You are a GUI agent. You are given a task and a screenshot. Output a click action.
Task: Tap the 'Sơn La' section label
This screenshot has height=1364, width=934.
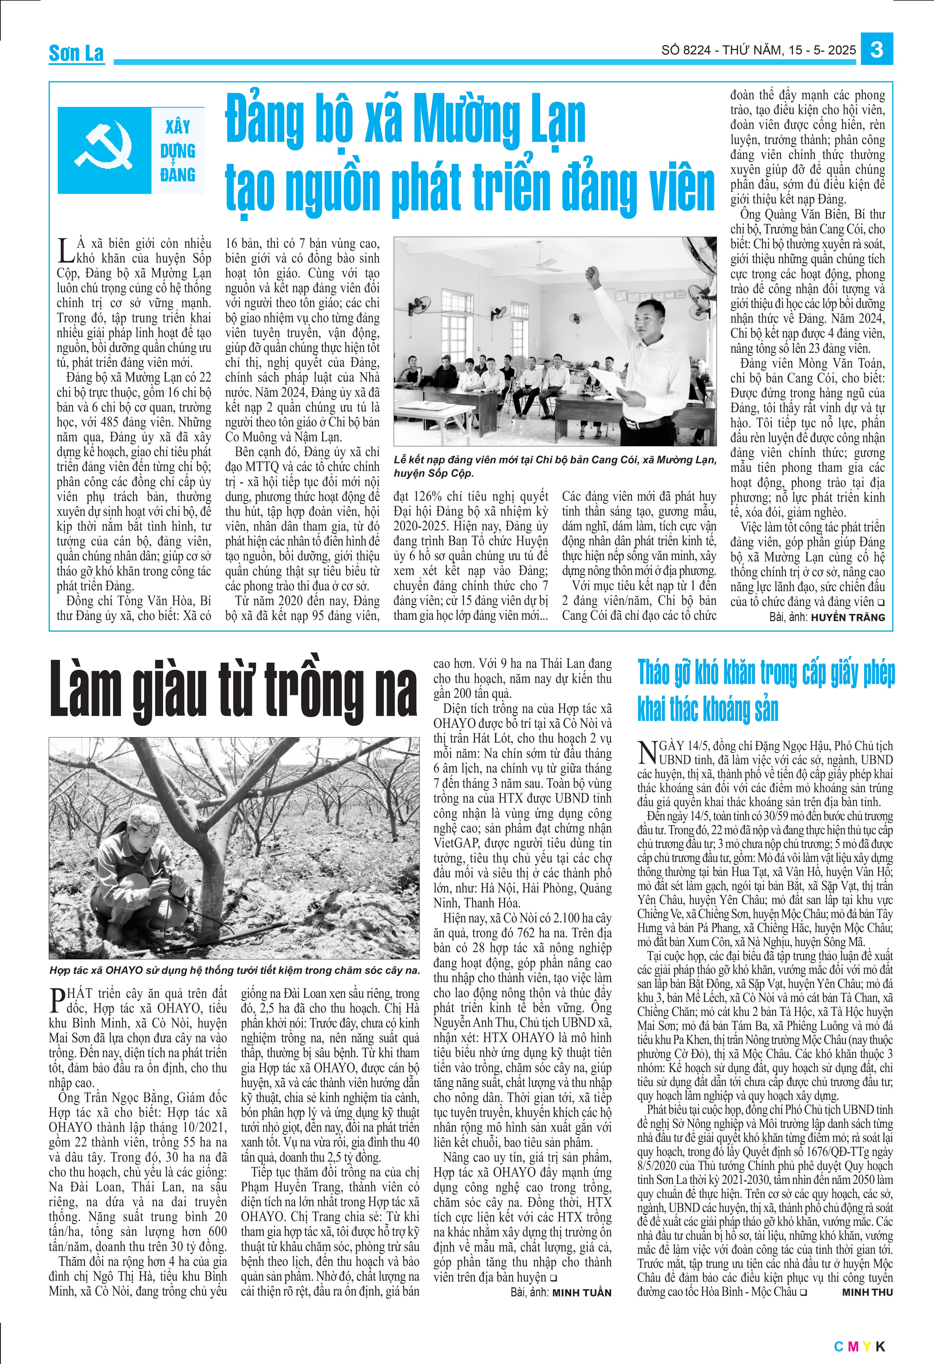tap(76, 53)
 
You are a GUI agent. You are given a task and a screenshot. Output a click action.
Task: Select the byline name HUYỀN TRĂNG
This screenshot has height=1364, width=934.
tap(848, 618)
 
